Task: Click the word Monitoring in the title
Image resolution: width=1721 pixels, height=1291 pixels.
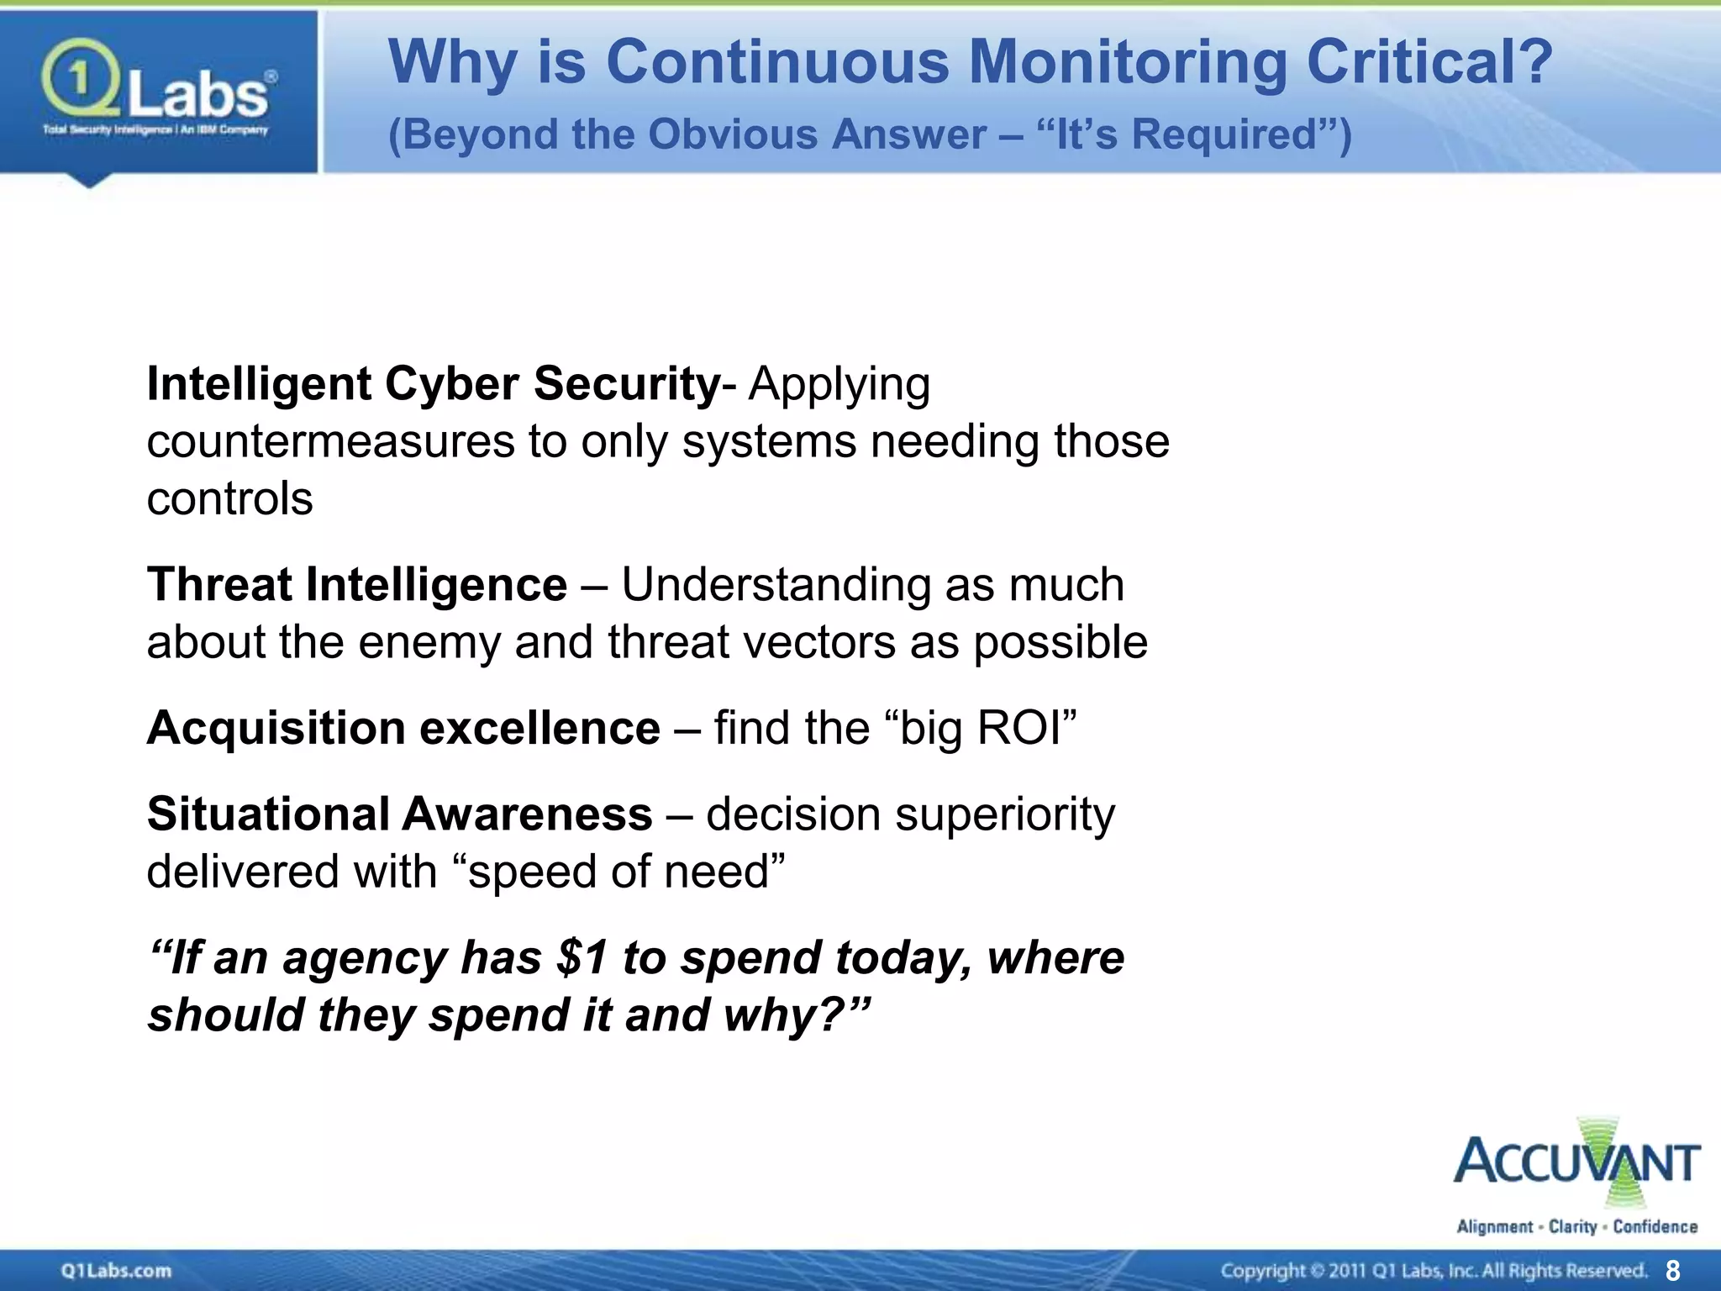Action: point(1127,62)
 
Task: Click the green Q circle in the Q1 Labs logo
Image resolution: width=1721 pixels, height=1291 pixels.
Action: point(78,80)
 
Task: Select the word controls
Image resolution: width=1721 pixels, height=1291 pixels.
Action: point(229,498)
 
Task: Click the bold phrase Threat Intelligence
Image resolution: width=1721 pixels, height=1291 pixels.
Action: point(357,584)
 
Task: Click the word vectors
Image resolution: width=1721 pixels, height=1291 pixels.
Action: point(834,642)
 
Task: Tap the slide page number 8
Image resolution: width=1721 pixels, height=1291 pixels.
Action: point(1672,1270)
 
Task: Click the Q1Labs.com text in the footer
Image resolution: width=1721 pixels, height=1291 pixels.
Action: point(116,1270)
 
